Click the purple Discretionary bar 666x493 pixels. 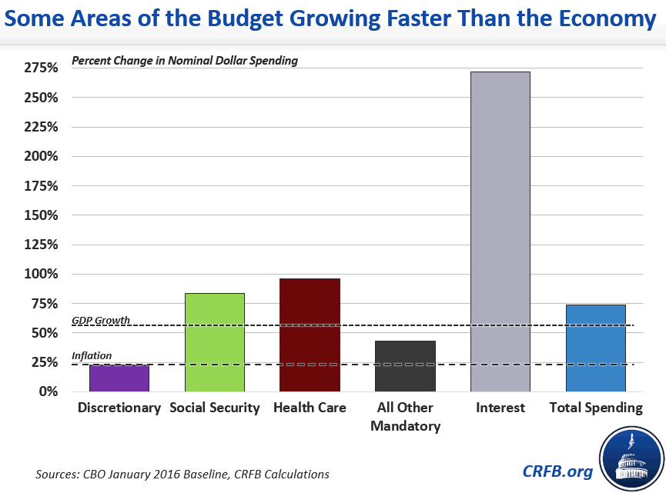[x=119, y=378]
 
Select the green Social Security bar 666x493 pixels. [x=214, y=342]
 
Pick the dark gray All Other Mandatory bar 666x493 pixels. [x=405, y=366]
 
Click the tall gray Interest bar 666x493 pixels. [x=500, y=231]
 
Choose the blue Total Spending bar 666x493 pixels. [x=596, y=348]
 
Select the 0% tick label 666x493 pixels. [x=48, y=391]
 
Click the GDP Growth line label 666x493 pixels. [x=101, y=320]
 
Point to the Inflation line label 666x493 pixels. [x=92, y=355]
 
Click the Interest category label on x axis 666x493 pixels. [x=500, y=408]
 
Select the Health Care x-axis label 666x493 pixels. [x=310, y=408]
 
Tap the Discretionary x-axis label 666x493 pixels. [x=119, y=408]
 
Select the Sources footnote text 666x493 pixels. [x=182, y=474]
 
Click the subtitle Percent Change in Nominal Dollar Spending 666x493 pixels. [x=184, y=60]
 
